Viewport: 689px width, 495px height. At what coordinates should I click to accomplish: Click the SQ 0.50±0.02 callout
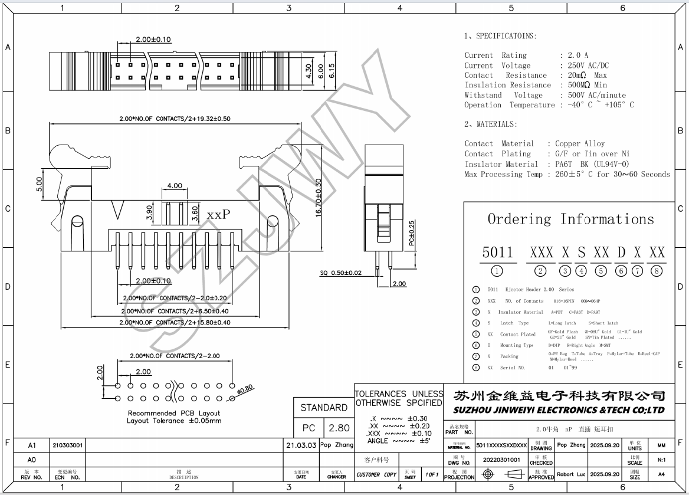[341, 273]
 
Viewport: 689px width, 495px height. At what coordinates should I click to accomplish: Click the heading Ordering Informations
[570, 219]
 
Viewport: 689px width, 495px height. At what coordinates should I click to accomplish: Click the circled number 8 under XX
[657, 271]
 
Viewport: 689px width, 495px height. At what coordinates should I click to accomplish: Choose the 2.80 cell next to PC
[339, 428]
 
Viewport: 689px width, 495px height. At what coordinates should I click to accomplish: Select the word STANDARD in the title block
[323, 408]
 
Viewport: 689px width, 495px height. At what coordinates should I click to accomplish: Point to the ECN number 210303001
[68, 445]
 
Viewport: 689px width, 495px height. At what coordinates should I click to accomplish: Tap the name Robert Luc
[571, 474]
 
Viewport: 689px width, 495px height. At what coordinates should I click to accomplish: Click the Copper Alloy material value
[580, 143]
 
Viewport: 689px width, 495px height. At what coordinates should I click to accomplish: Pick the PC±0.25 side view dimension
[412, 233]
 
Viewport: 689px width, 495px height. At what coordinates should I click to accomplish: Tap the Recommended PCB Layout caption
[174, 413]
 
